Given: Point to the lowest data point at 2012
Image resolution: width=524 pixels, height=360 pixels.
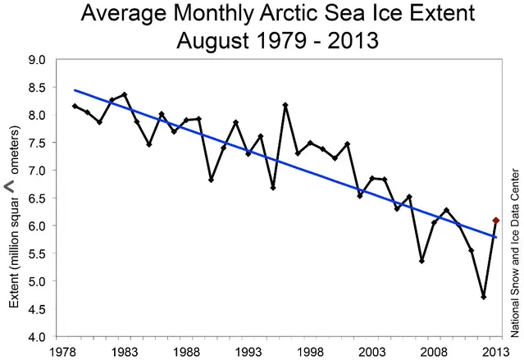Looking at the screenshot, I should (x=484, y=297).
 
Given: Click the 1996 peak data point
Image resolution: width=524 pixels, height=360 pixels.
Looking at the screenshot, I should (x=285, y=105).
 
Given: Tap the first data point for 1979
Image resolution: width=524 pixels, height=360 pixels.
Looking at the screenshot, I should (x=75, y=106).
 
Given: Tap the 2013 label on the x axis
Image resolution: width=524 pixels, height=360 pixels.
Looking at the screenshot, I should (x=494, y=350).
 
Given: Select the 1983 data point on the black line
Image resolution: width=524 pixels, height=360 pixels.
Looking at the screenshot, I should (x=124, y=95).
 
